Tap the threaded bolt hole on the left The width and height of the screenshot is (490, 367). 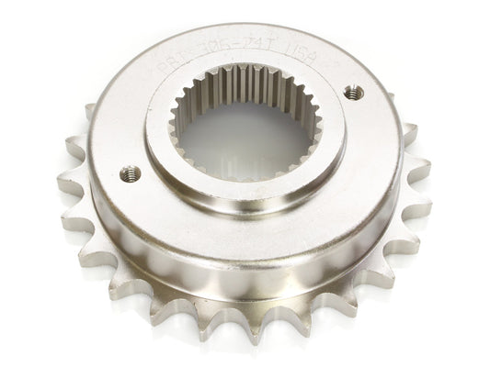(131, 173)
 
